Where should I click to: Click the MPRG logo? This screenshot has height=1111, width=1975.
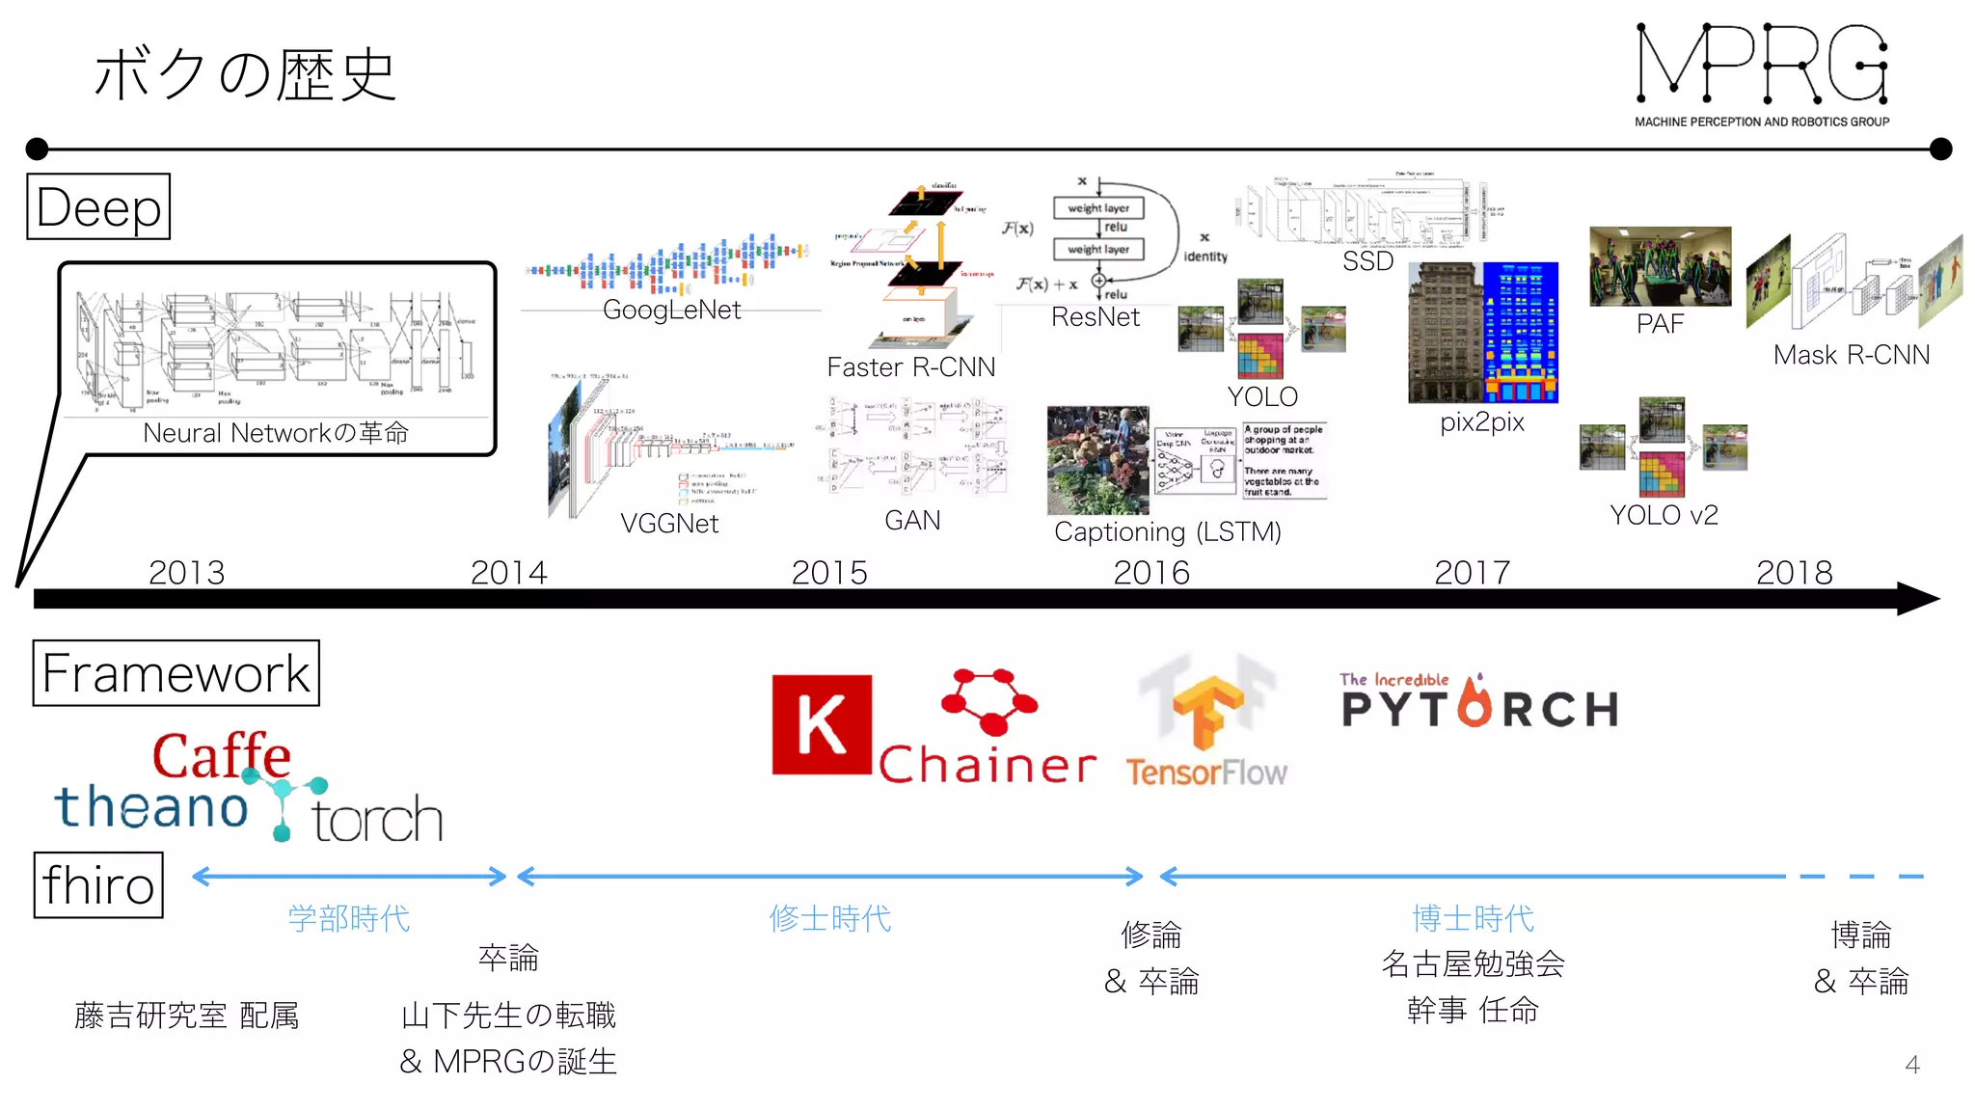coord(1762,73)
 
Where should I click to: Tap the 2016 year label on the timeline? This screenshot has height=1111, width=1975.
coord(1151,572)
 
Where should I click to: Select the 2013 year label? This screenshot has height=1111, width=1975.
coord(186,572)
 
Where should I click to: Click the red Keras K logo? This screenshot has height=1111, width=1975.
coord(822,724)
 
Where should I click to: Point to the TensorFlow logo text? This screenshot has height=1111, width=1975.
coord(1205,772)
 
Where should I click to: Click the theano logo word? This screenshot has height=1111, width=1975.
coord(151,806)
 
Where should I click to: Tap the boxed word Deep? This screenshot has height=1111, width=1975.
coord(98,207)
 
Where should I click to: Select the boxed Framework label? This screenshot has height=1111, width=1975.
coord(176,673)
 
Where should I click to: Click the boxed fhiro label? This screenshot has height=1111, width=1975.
coord(98,885)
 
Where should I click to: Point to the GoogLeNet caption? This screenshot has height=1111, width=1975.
coord(671,310)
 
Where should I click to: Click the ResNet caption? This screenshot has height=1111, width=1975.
coord(1095,317)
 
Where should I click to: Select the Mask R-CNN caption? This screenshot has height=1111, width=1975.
coord(1851,355)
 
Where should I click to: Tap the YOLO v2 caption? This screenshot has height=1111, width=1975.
coord(1664,515)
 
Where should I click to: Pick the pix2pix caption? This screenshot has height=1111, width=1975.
coord(1482,421)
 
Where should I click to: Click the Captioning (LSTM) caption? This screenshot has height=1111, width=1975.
coord(1167,531)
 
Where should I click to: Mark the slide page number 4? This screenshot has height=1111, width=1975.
coord(1912,1065)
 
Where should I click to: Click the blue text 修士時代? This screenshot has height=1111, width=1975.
coord(829,918)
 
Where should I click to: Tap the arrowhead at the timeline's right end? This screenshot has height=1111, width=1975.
coord(1919,599)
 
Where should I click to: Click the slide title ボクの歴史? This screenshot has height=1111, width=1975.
coord(245,75)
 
